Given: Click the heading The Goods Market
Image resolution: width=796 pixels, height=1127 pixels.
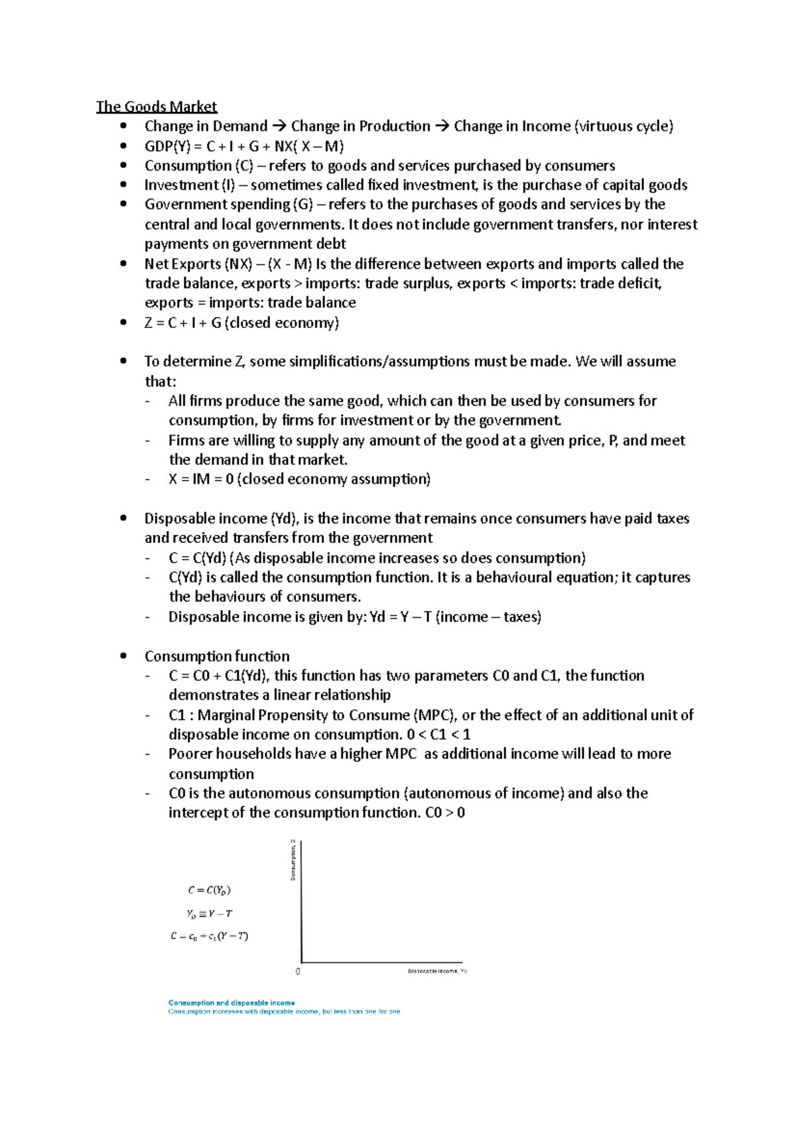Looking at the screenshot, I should (x=157, y=106).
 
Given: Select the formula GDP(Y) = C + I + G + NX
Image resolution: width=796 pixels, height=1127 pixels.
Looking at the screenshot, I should (x=244, y=146).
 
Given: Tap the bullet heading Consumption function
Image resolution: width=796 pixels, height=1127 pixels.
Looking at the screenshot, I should (x=217, y=656).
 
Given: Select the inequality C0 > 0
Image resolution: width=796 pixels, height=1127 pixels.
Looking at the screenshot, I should (x=444, y=813).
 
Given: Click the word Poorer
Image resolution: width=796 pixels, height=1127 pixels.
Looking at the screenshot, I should (x=190, y=754).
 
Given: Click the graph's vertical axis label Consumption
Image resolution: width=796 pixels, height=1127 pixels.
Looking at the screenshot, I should (x=293, y=860).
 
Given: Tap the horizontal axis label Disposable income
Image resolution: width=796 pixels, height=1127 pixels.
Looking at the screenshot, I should (x=436, y=971).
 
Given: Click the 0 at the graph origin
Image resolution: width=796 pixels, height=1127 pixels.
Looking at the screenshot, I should (x=298, y=971).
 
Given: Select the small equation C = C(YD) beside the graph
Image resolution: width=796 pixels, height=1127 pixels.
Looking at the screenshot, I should (x=209, y=890).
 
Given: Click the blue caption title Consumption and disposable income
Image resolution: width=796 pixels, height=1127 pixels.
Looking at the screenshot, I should (x=232, y=1003).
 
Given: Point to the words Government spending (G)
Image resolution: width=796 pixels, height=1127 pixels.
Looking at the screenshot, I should (x=229, y=204).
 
